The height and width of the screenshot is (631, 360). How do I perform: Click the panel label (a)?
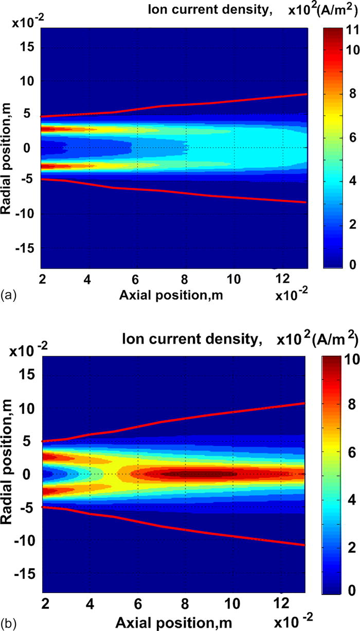tap(7, 295)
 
